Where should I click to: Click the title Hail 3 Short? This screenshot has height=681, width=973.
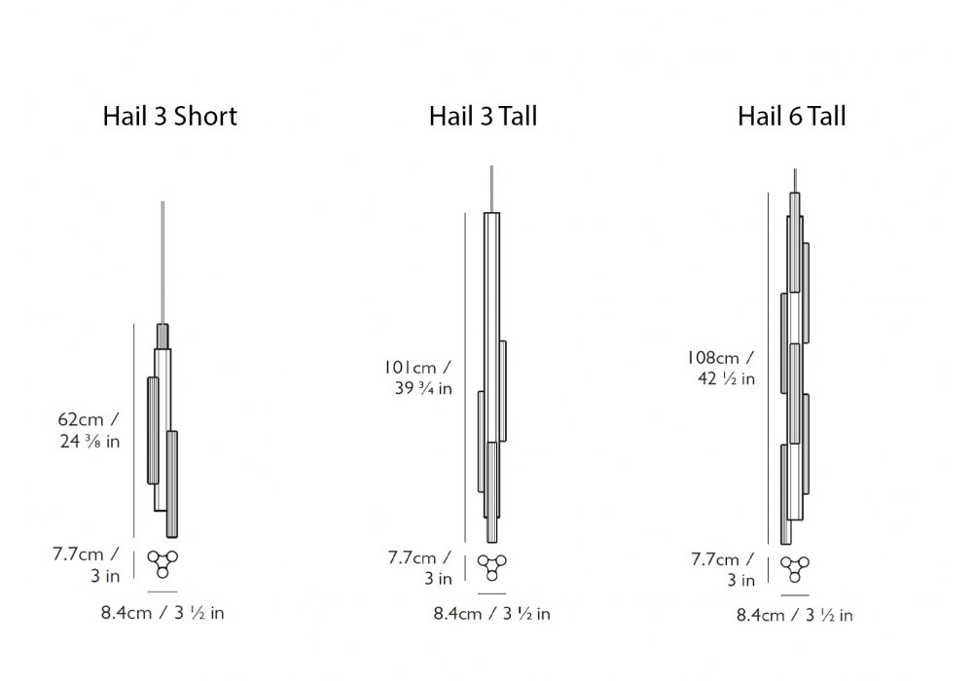pos(169,116)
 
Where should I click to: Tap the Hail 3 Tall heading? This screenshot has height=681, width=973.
pos(483,116)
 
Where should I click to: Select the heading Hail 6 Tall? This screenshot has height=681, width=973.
pos(791,116)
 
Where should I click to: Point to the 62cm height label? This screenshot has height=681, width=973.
pos(81,419)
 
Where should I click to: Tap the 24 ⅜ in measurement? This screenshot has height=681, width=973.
pos(90,441)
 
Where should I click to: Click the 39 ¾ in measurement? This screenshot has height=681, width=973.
pos(423,388)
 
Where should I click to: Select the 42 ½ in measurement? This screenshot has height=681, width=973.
pos(726,378)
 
